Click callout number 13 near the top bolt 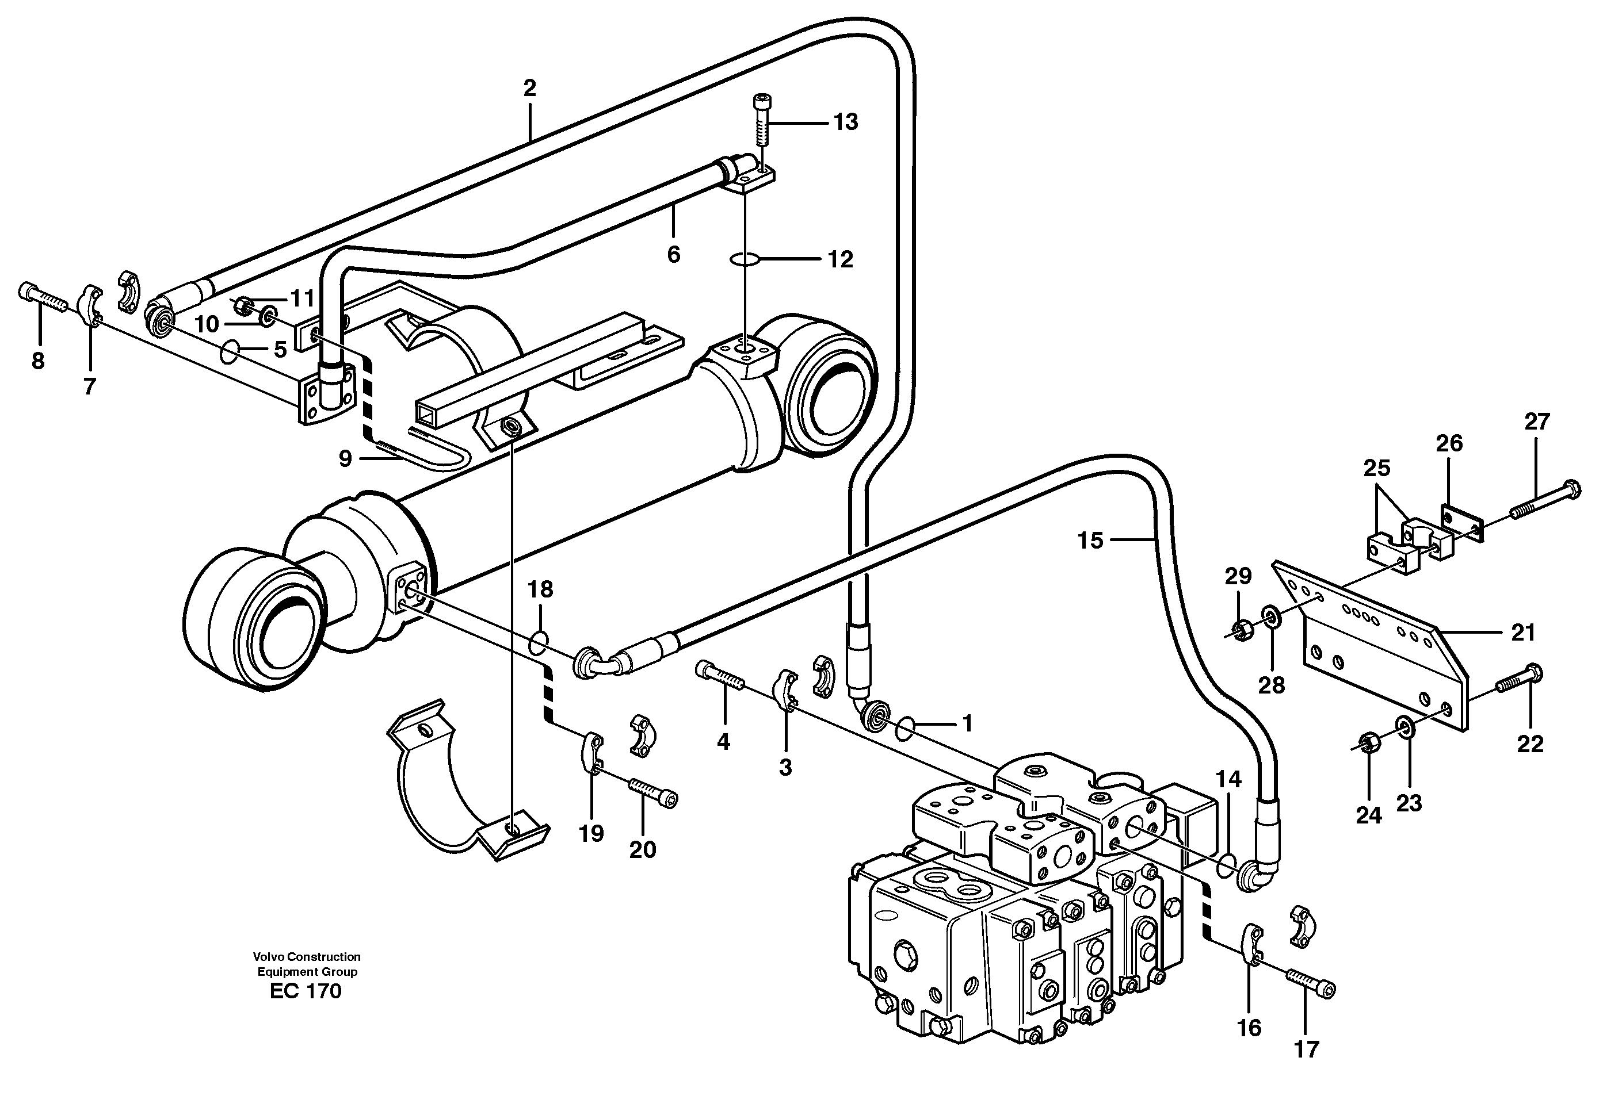click(x=845, y=122)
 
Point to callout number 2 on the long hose click(x=529, y=89)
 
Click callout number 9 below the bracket click(x=345, y=459)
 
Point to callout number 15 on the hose click(x=1090, y=540)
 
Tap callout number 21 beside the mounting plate click(x=1523, y=633)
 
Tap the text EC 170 click(x=306, y=991)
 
